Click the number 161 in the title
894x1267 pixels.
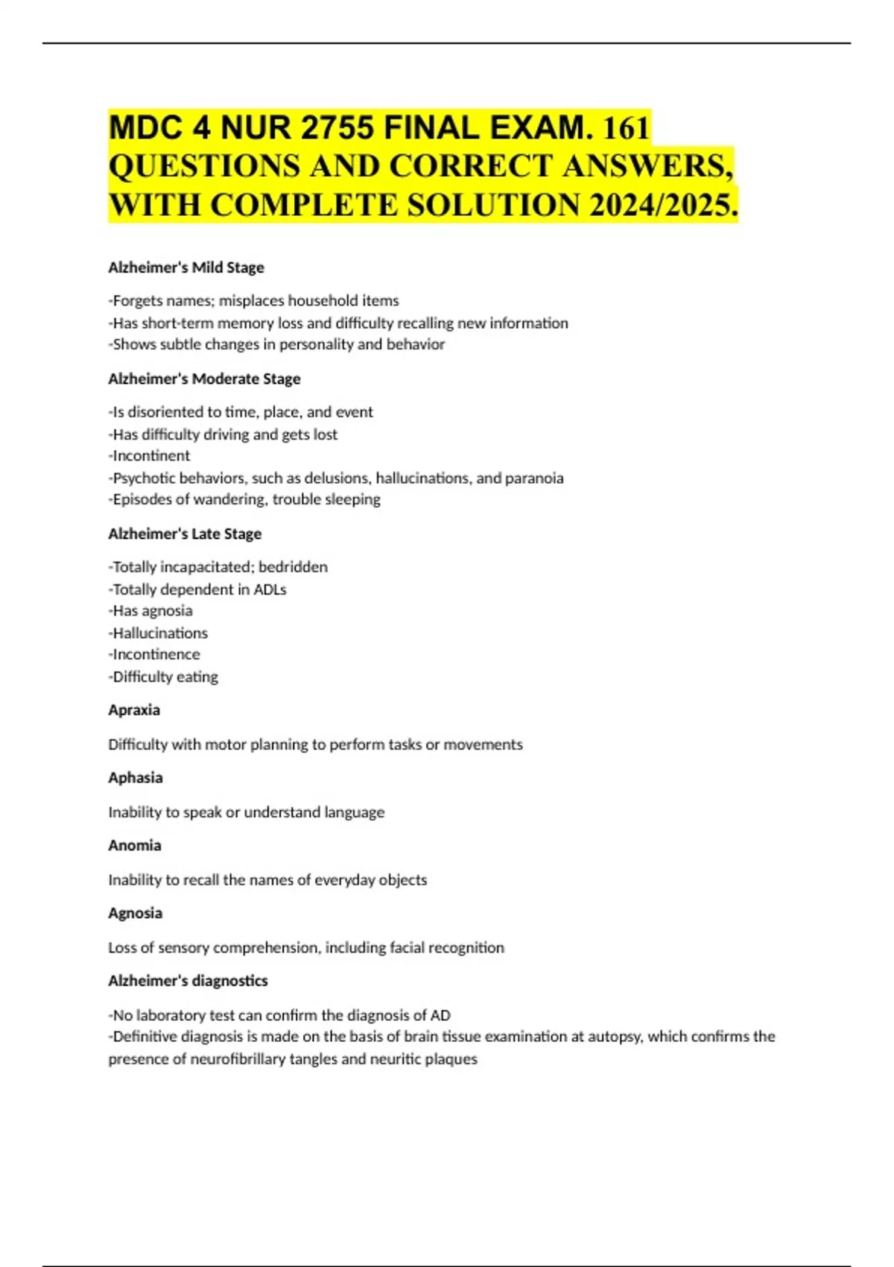click(x=627, y=127)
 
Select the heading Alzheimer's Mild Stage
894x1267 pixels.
click(x=186, y=267)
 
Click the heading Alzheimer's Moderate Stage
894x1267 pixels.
click(x=204, y=379)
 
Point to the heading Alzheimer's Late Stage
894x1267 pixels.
click(x=185, y=534)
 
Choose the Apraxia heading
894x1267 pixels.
click(x=134, y=710)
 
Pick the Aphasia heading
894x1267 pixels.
click(x=135, y=777)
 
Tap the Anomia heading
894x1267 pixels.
click(x=134, y=845)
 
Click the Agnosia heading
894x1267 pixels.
click(x=135, y=913)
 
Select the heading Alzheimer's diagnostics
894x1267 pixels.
click(x=188, y=981)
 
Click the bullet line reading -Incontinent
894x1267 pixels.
click(x=149, y=455)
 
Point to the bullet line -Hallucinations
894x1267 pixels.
click(x=158, y=633)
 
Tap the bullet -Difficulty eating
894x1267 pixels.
click(x=163, y=677)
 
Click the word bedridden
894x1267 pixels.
click(x=293, y=567)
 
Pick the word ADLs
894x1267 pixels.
click(x=270, y=590)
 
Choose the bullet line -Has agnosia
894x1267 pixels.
click(x=150, y=610)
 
